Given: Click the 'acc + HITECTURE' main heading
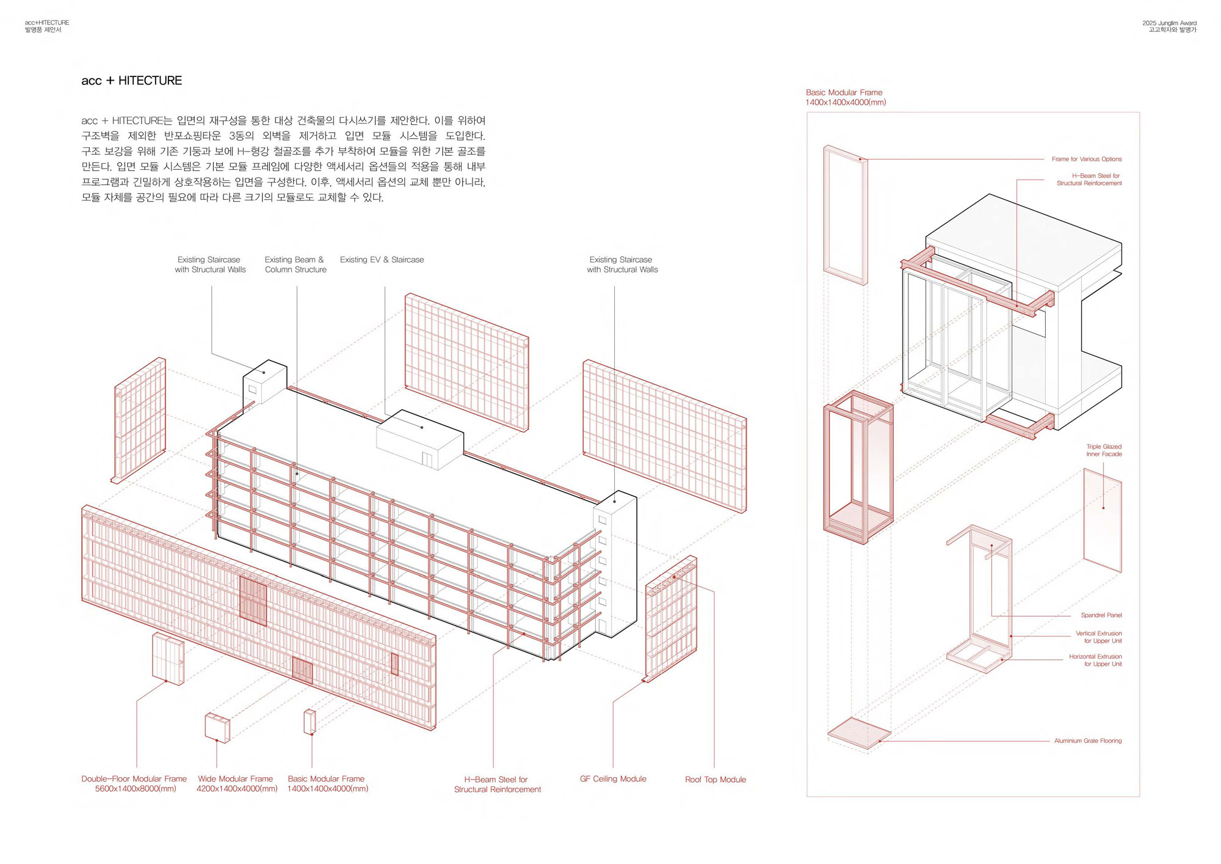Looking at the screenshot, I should pyautogui.click(x=131, y=81).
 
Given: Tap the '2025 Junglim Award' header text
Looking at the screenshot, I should pyautogui.click(x=1169, y=23).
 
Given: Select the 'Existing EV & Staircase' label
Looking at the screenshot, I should pyautogui.click(x=382, y=260).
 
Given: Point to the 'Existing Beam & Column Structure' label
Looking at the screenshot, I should pyautogui.click(x=295, y=265).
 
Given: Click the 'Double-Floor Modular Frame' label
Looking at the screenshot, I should pyautogui.click(x=134, y=779).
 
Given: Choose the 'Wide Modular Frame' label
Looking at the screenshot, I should pyautogui.click(x=235, y=779).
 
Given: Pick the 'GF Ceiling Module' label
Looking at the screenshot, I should pyautogui.click(x=613, y=779).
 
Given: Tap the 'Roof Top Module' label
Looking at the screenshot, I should pyautogui.click(x=716, y=780).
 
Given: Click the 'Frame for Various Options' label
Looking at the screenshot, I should pyautogui.click(x=1086, y=159).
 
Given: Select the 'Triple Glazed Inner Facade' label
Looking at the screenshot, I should pyautogui.click(x=1104, y=450).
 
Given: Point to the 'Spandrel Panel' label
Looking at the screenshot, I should pyautogui.click(x=1101, y=615).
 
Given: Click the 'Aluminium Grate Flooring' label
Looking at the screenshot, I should pyautogui.click(x=1087, y=741).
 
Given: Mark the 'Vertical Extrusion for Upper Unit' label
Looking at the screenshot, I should pyautogui.click(x=1098, y=637).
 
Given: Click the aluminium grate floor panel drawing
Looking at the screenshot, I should pyautogui.click(x=859, y=733).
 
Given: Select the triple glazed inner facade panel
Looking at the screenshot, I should pyautogui.click(x=1103, y=519).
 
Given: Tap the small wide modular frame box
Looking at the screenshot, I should pyautogui.click(x=217, y=727).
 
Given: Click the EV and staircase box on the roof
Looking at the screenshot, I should pyautogui.click(x=419, y=438).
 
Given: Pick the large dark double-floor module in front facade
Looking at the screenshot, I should pyautogui.click(x=253, y=601).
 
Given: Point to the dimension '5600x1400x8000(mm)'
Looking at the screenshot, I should pyautogui.click(x=135, y=789).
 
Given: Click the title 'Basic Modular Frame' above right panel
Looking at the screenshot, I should pyautogui.click(x=844, y=93).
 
